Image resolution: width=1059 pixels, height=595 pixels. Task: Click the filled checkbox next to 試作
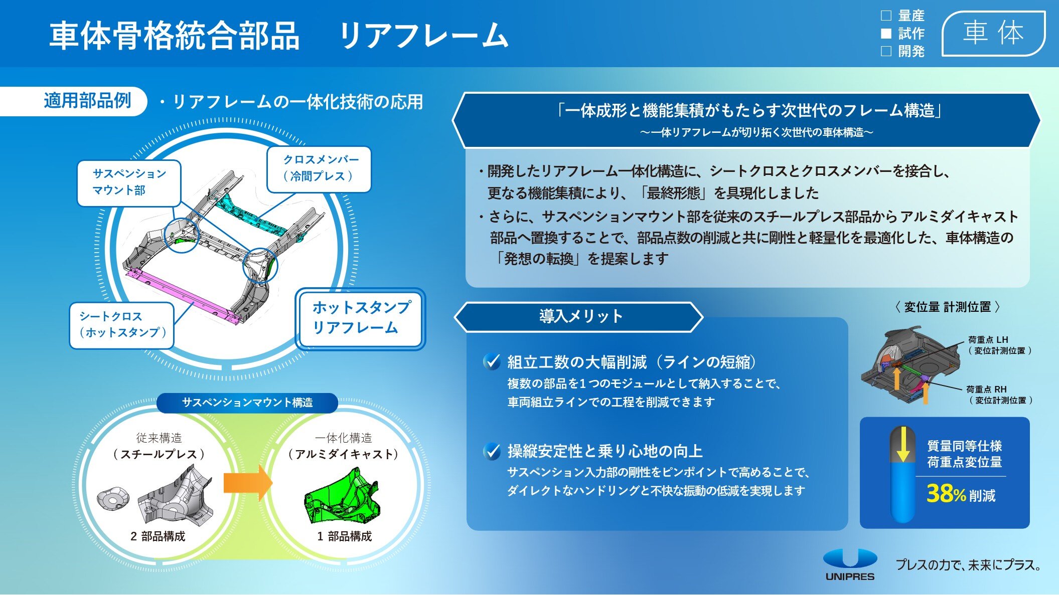click(x=886, y=34)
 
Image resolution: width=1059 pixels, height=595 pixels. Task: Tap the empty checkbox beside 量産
click(x=886, y=16)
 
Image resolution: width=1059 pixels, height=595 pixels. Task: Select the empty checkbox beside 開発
click(x=886, y=51)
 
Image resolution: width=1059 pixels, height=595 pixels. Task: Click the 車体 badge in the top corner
click(x=993, y=33)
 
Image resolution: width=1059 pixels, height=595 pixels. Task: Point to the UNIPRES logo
click(x=850, y=564)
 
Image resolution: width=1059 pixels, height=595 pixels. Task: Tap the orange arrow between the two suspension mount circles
click(x=248, y=483)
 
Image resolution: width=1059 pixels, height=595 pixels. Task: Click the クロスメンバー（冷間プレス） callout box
click(x=319, y=169)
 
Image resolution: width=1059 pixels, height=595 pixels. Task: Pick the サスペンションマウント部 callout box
click(x=129, y=183)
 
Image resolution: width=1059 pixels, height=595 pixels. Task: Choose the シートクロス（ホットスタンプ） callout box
click(x=121, y=325)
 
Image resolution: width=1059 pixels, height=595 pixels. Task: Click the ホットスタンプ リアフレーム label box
click(x=360, y=318)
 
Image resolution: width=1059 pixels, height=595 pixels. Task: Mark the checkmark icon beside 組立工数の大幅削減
click(x=492, y=361)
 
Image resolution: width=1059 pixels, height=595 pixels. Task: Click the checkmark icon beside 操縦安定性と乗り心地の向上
click(x=492, y=451)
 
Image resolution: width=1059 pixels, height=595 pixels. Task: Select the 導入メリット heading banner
click(x=579, y=317)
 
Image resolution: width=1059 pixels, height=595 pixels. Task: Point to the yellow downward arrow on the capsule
click(x=902, y=444)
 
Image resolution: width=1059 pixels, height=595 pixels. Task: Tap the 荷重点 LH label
click(x=988, y=339)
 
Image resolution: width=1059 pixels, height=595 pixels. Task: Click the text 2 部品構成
click(x=158, y=536)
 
